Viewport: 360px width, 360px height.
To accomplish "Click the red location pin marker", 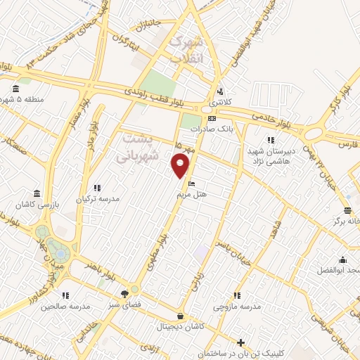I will click(181, 165).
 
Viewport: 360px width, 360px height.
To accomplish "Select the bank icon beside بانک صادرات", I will click(212, 119).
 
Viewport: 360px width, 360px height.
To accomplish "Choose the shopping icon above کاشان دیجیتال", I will click(181, 316).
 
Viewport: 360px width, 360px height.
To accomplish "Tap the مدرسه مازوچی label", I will click(240, 307).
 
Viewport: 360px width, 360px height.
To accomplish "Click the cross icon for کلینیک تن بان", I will click(241, 343).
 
